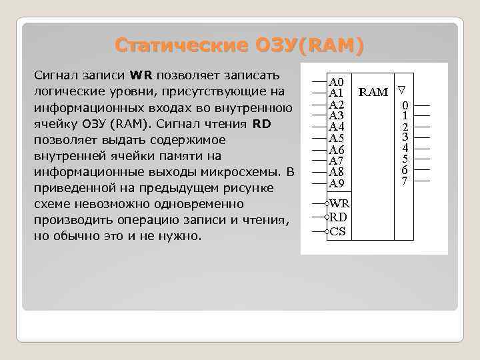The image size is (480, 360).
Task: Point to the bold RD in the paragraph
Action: point(261,123)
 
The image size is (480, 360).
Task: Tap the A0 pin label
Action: point(337,81)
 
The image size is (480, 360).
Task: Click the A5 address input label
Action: point(337,138)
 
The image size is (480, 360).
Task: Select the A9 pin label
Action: point(337,183)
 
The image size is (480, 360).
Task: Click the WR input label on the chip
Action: point(339,203)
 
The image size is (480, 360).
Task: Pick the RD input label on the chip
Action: point(339,217)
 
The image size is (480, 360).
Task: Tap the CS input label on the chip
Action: point(338,231)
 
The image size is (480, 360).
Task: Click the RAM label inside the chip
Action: point(373,91)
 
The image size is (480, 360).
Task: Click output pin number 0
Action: point(405,105)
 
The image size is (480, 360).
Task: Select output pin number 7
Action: point(405,181)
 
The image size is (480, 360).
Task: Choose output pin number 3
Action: point(405,137)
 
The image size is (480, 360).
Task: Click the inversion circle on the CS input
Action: point(327,232)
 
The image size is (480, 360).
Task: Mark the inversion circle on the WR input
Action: point(327,203)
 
